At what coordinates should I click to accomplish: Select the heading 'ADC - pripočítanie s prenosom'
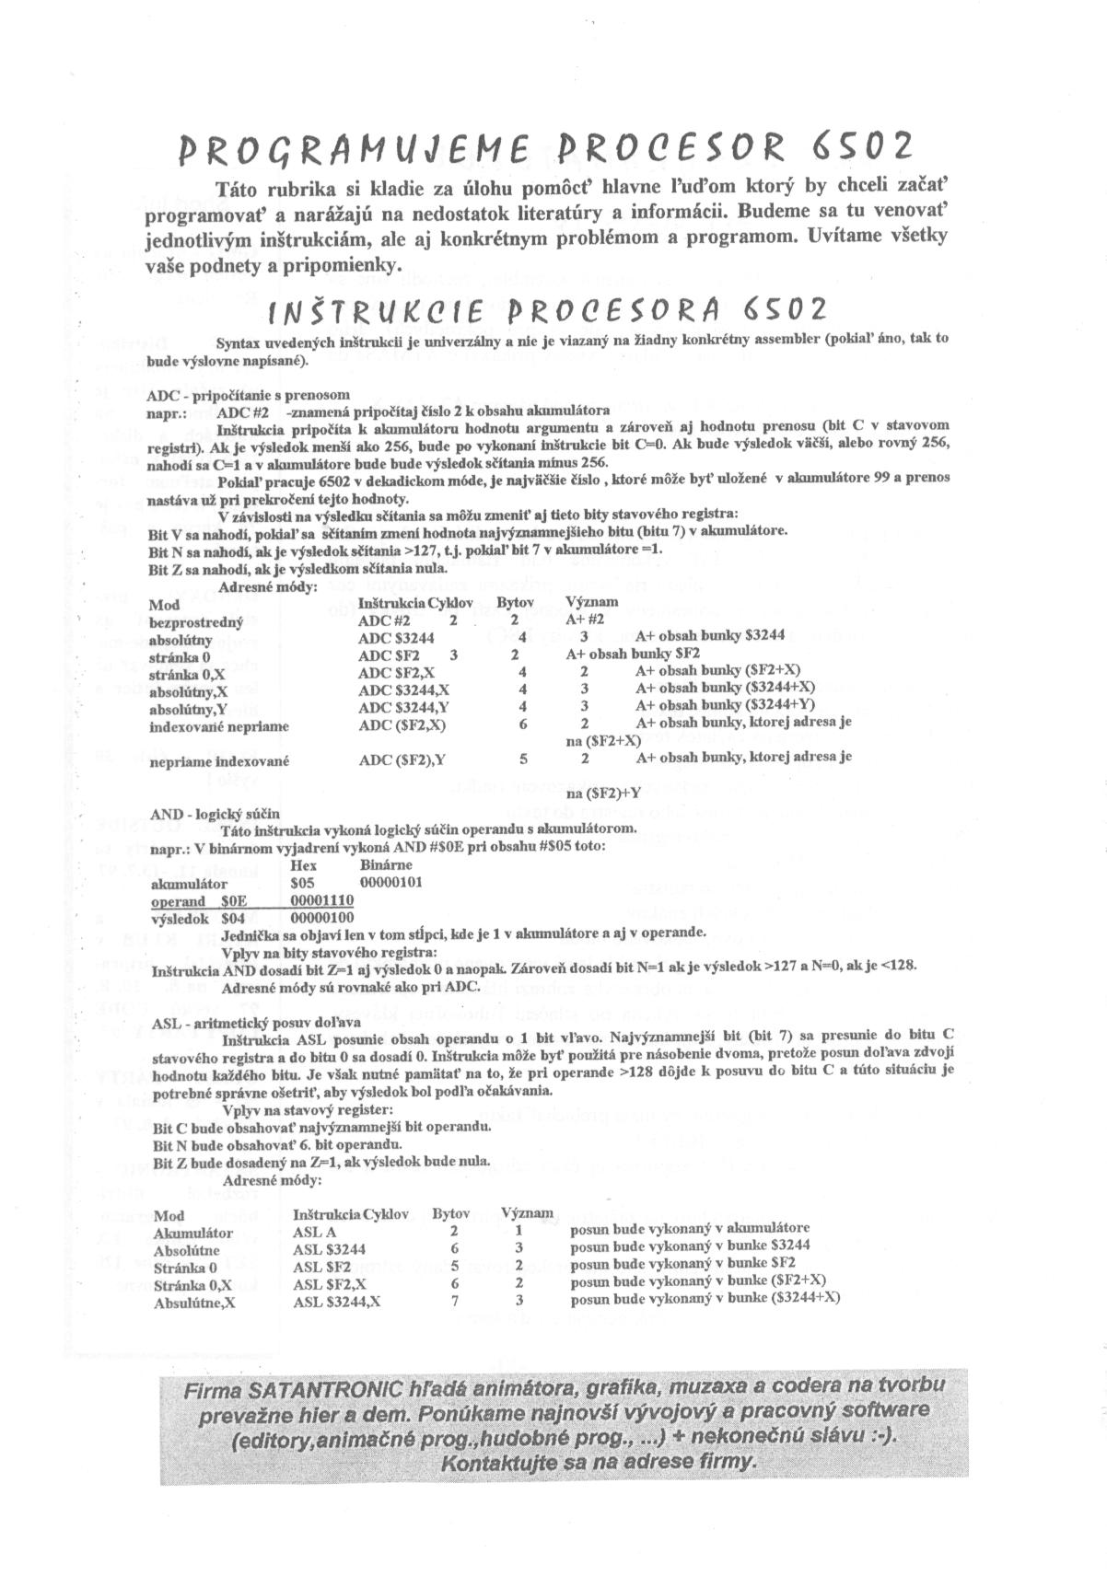coord(248,395)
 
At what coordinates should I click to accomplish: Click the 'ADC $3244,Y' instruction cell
coord(403,707)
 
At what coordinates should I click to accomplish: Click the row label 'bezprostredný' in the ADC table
coord(194,621)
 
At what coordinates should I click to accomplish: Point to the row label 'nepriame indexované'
coord(219,761)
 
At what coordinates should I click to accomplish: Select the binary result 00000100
coord(321,918)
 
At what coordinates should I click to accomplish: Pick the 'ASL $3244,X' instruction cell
coord(337,1300)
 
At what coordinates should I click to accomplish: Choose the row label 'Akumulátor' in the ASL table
coord(192,1234)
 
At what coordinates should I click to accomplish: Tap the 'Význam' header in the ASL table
coord(527,1213)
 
